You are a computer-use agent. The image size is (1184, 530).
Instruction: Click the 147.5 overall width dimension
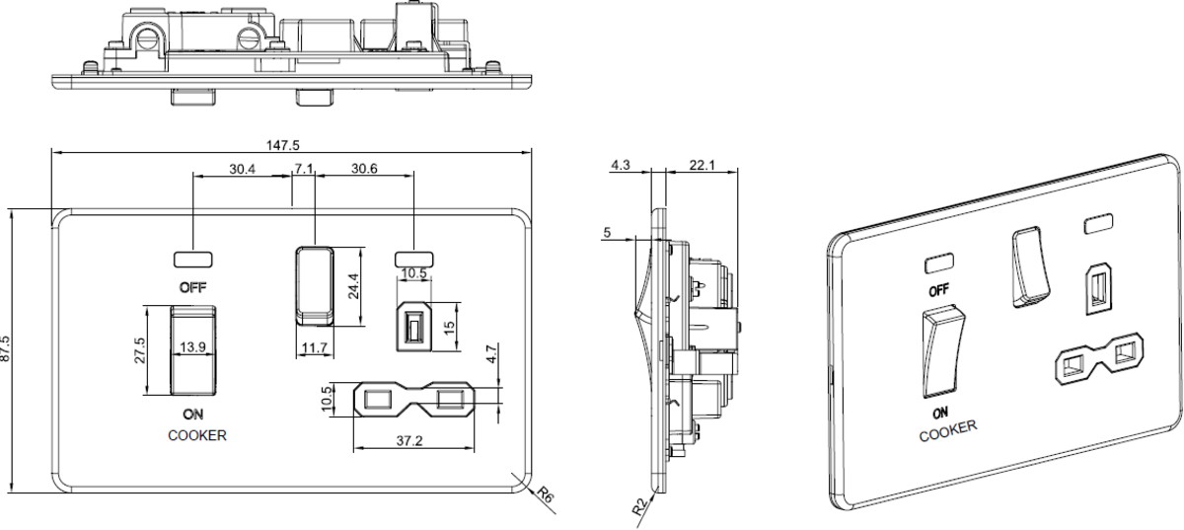click(283, 145)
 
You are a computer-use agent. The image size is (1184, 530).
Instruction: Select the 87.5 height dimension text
click(5, 348)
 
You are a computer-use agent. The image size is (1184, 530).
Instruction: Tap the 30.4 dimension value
click(242, 169)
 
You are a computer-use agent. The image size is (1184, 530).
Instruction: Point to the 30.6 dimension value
click(364, 169)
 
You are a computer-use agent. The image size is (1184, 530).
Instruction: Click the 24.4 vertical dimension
click(353, 286)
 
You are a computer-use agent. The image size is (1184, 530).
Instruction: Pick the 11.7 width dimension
click(315, 348)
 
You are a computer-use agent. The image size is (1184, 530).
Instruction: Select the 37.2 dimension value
click(409, 440)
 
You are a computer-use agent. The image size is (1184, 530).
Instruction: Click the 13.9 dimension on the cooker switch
click(192, 347)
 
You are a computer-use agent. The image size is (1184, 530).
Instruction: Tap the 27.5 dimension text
click(139, 350)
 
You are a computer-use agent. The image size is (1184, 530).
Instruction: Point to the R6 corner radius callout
click(546, 495)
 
